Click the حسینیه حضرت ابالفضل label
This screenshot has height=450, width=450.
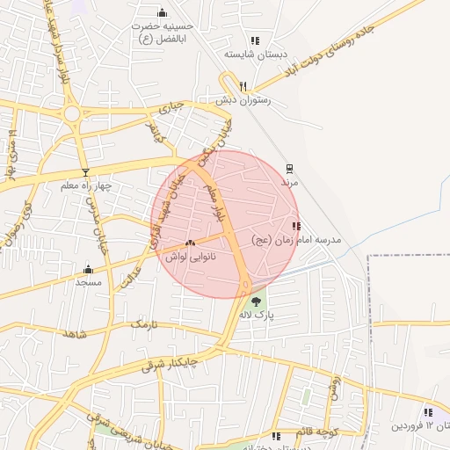(162, 33)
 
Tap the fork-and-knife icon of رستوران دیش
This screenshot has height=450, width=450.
(243, 86)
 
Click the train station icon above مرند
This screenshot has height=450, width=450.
(290, 169)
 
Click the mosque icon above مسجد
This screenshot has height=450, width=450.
(88, 270)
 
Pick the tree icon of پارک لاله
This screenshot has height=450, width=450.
(256, 301)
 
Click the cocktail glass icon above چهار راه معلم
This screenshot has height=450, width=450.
(85, 172)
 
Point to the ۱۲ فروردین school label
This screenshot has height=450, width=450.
(422, 426)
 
